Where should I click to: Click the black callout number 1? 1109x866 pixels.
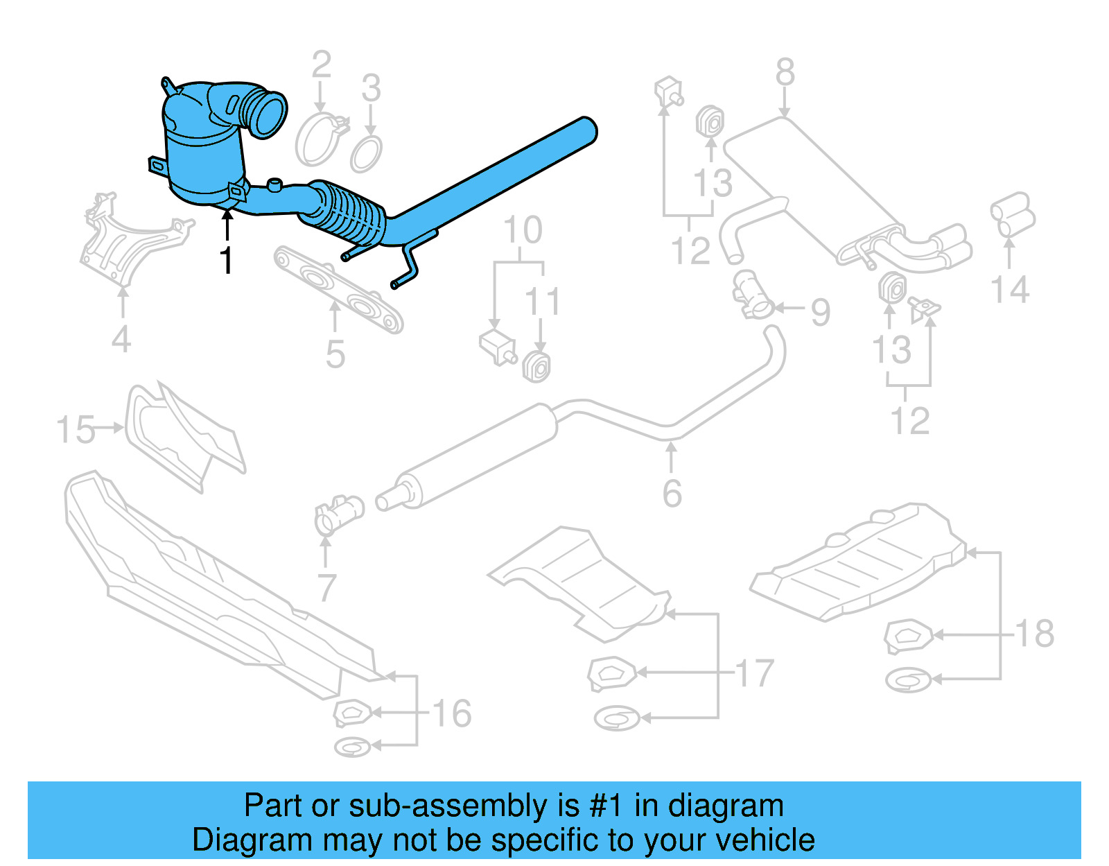pos(227,261)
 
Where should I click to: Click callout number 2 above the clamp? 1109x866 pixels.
pos(321,66)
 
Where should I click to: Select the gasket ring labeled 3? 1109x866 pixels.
pos(366,155)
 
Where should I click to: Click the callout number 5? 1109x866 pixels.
pos(335,354)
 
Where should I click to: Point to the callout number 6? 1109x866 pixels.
pos(672,493)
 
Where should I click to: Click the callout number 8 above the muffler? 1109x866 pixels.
pos(785,72)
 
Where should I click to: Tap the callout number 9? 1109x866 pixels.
pos(820,312)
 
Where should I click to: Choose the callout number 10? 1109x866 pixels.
pos(523,231)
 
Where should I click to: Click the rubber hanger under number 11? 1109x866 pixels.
pos(537,367)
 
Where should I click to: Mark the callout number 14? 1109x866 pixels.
pos(1009,290)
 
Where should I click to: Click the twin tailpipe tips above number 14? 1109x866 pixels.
pos(1013,214)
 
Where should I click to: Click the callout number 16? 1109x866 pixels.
pos(452,713)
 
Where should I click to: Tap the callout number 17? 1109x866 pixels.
pos(754,673)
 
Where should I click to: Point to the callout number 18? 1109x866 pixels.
pos(1035,633)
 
